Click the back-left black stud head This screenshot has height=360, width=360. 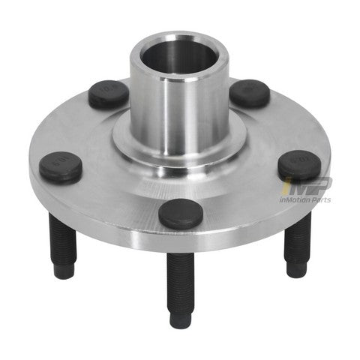click(x=108, y=94)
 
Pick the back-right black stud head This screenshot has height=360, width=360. click(x=249, y=93)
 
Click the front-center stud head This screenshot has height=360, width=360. click(x=181, y=213)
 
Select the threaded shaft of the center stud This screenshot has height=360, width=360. click(x=180, y=281)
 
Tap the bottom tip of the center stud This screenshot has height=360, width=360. click(x=180, y=320)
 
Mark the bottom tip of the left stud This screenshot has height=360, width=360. click(x=64, y=271)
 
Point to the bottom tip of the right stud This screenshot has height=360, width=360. click(x=295, y=270)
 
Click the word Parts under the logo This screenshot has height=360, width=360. click(x=337, y=199)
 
